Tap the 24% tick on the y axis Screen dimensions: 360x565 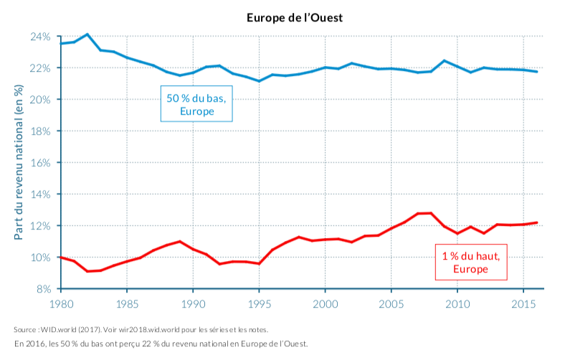[x=40, y=37]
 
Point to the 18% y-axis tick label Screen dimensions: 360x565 [x=40, y=131]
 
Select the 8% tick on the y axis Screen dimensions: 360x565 [x=43, y=289]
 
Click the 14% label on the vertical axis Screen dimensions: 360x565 [x=40, y=194]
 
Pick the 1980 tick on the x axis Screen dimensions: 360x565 [x=61, y=304]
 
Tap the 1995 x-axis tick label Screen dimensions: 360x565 [x=259, y=304]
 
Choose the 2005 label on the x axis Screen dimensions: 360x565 [x=391, y=304]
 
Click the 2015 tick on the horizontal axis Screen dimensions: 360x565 [x=523, y=304]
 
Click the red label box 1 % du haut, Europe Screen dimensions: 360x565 [x=470, y=262]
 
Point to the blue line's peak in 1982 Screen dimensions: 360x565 [x=87, y=34]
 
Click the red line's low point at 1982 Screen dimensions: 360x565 [x=87, y=271]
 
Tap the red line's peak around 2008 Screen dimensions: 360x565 [x=430, y=213]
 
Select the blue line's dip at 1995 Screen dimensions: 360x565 [x=259, y=81]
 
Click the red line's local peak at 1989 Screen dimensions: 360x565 [x=180, y=242]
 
